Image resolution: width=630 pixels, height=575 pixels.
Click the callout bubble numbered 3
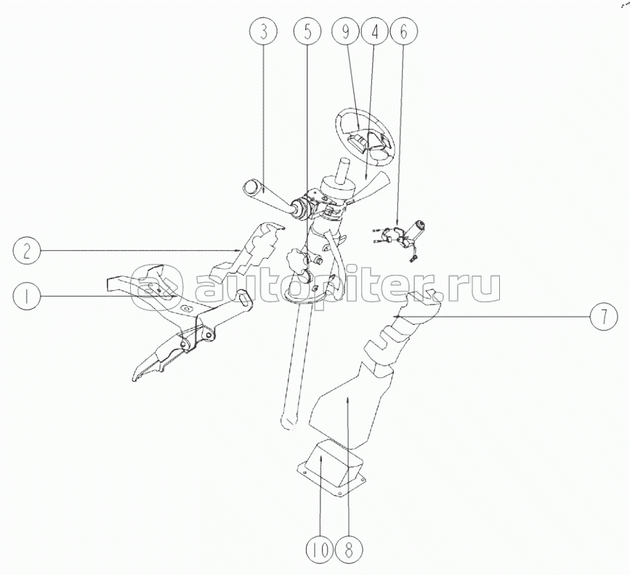point(264,33)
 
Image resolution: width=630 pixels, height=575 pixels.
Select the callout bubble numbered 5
point(307,33)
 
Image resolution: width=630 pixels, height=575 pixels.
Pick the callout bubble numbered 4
point(377,33)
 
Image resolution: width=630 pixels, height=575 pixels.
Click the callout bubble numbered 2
point(26,252)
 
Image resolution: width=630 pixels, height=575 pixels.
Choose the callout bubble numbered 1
point(26,295)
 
